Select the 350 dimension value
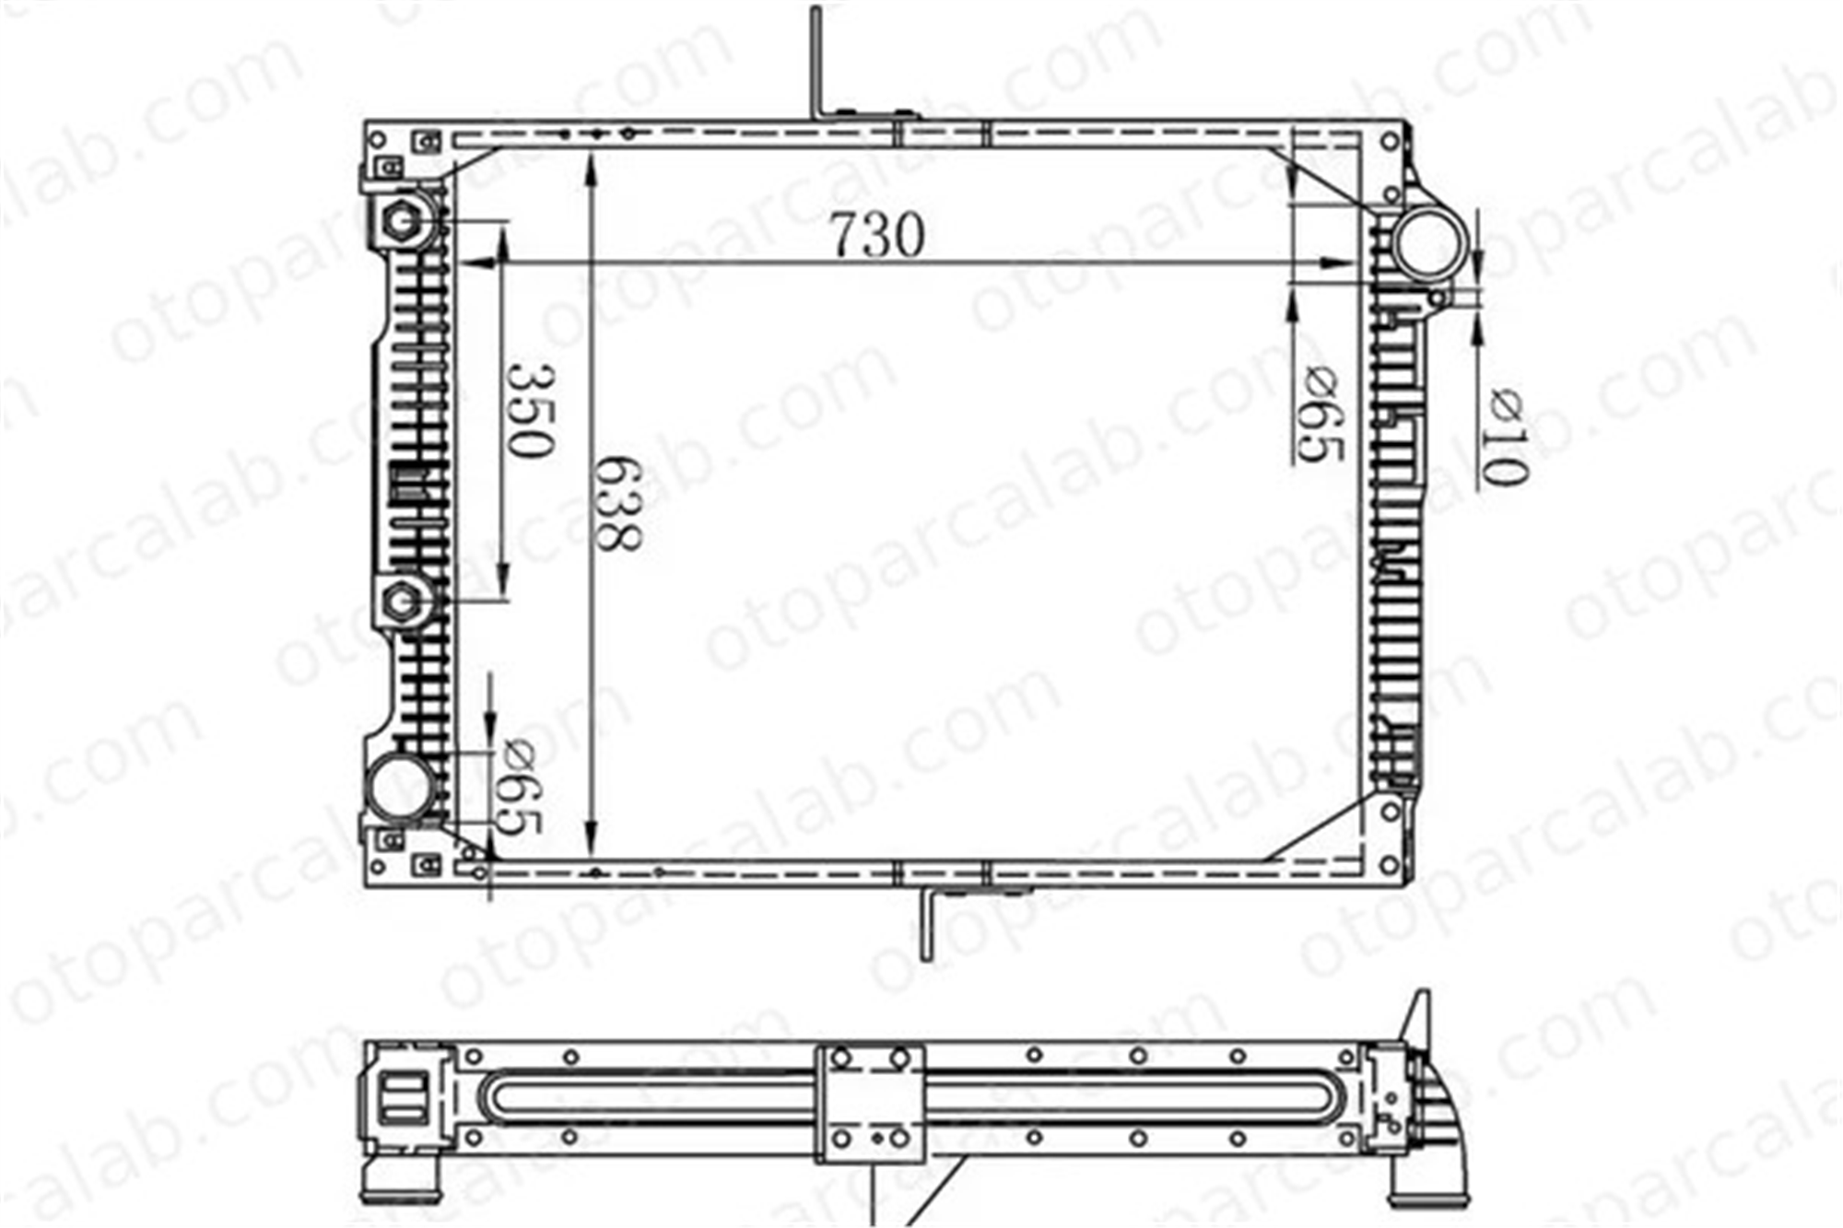532,411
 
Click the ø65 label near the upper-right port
1321,414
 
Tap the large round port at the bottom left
401,787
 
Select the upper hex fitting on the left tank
401,221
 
